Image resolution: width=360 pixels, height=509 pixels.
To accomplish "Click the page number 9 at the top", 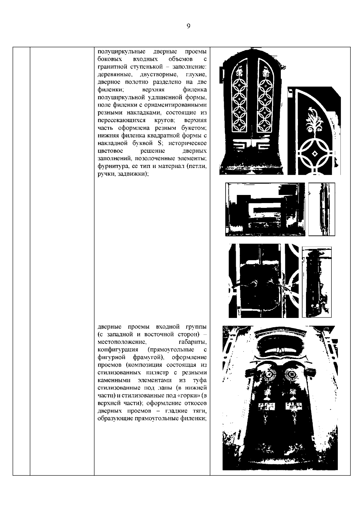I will coord(188,26).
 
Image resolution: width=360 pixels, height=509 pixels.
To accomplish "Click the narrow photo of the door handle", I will coord(322,209).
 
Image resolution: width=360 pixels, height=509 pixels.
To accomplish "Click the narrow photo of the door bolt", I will coord(316,282).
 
